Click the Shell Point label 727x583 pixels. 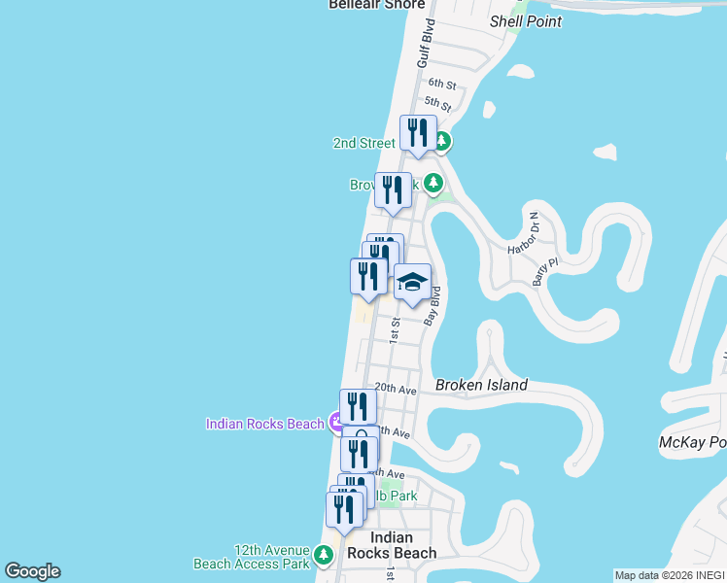pyautogui.click(x=525, y=21)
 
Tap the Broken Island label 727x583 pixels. pyautogui.click(x=481, y=385)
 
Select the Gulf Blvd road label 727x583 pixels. pyautogui.click(x=424, y=43)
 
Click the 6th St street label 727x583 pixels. pyautogui.click(x=441, y=85)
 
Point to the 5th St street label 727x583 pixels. pyautogui.click(x=437, y=104)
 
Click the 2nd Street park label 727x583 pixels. pyautogui.click(x=364, y=143)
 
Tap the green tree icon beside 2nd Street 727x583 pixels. pyautogui.click(x=442, y=142)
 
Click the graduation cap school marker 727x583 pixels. pyautogui.click(x=412, y=283)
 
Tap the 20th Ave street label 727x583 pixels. pyautogui.click(x=395, y=389)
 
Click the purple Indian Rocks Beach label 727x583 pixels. pyautogui.click(x=264, y=424)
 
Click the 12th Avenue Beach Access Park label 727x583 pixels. pyautogui.click(x=252, y=556)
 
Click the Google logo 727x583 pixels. pyautogui.click(x=32, y=571)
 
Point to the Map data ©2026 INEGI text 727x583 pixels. pyautogui.click(x=670, y=575)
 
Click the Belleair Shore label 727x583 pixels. pyautogui.click(x=377, y=5)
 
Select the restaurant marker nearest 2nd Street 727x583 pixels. pyautogui.click(x=418, y=133)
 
